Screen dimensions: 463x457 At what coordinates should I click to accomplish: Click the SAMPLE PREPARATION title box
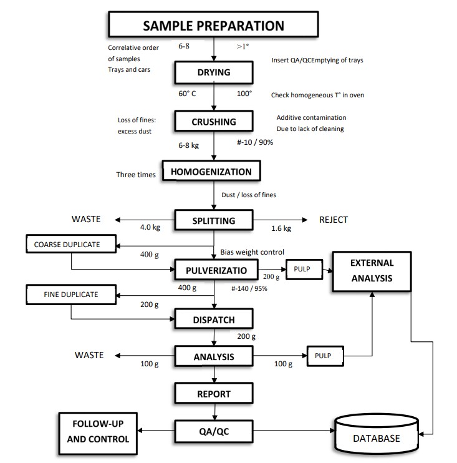click(x=213, y=26)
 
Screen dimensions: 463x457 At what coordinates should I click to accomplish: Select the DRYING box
click(x=213, y=72)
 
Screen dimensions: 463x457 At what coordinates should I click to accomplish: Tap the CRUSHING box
click(x=213, y=122)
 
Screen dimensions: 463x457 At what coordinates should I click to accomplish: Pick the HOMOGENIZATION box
click(x=211, y=172)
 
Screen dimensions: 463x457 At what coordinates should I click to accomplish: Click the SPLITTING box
click(x=213, y=220)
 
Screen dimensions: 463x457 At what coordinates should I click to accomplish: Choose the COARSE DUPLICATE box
click(x=71, y=245)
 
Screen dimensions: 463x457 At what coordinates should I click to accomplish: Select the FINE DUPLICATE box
click(x=71, y=294)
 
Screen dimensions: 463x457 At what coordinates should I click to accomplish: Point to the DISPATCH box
click(x=213, y=319)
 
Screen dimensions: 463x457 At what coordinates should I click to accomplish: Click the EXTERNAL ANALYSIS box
click(x=372, y=271)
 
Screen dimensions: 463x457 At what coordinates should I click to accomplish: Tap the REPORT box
click(x=213, y=394)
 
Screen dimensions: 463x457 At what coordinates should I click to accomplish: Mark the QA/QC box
click(x=213, y=430)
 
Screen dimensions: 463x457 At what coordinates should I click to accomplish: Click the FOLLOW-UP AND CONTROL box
click(x=98, y=431)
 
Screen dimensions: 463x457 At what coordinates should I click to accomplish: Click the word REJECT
click(x=334, y=220)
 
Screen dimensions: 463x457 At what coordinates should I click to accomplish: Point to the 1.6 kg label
click(x=281, y=228)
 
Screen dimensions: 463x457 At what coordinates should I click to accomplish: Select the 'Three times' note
click(x=136, y=175)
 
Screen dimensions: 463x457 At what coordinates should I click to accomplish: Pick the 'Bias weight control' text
click(x=253, y=252)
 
